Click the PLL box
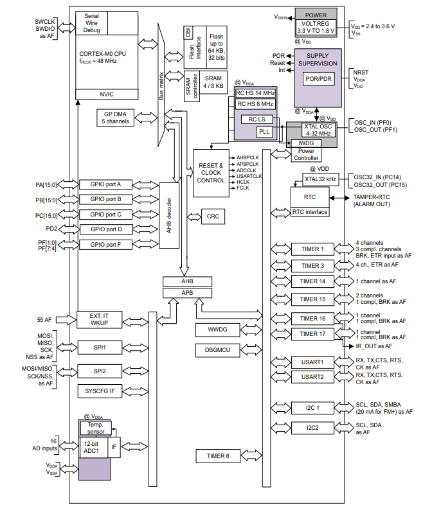[x=264, y=132]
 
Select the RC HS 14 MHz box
[x=255, y=93]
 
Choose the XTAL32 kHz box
[x=321, y=178]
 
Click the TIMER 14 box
[x=313, y=281]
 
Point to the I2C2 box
[x=313, y=427]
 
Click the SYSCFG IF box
[x=100, y=390]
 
